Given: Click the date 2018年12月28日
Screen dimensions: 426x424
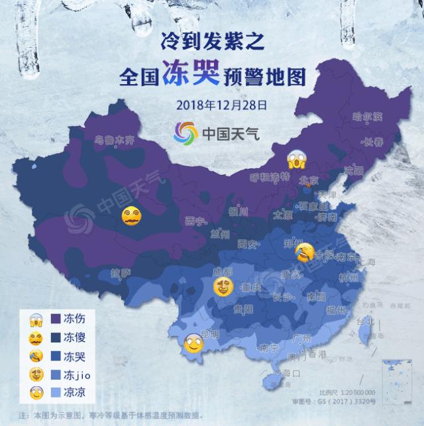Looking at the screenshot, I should pyautogui.click(x=213, y=105).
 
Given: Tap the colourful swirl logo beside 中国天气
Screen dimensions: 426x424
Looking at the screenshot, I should pyautogui.click(x=186, y=133).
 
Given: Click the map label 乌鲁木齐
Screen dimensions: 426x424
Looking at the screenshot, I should pyautogui.click(x=114, y=140).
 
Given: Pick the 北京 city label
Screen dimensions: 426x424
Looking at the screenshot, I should pyautogui.click(x=309, y=180).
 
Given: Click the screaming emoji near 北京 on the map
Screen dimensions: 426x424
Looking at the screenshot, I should pyautogui.click(x=295, y=160).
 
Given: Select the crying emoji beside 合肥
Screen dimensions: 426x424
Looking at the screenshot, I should pyautogui.click(x=304, y=252).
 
